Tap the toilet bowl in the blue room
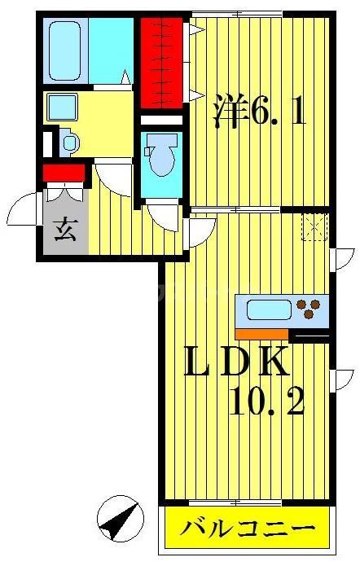tap(161, 157)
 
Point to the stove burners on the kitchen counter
tap(309, 309)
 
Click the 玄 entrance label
tap(64, 230)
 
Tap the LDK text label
tap(236, 362)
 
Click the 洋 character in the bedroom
tap(230, 112)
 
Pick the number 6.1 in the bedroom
tap(278, 112)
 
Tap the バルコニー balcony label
tap(248, 529)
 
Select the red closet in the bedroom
tap(160, 61)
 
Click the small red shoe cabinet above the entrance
tap(64, 173)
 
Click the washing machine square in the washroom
tap(61, 107)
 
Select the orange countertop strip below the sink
tap(261, 332)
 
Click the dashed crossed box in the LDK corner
tap(314, 226)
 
